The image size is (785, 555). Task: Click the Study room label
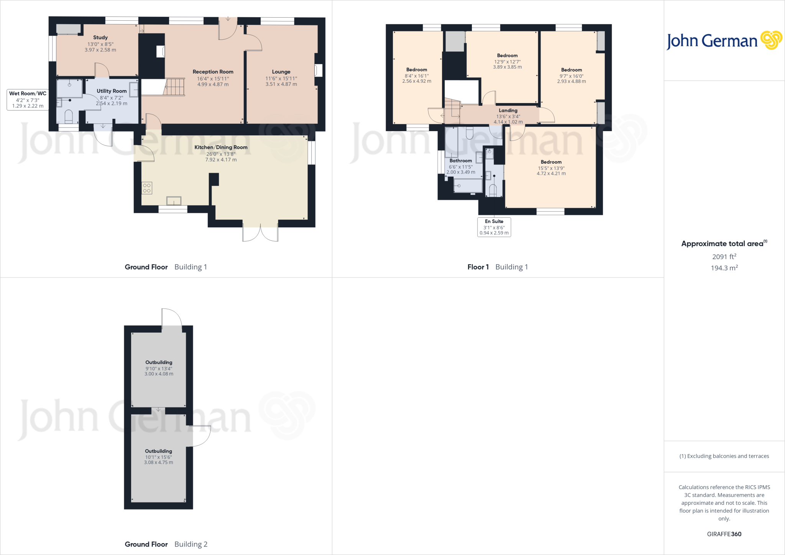click(100, 38)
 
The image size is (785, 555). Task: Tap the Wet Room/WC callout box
click(28, 100)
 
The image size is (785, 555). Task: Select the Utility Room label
click(112, 91)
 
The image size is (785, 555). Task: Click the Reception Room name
click(213, 72)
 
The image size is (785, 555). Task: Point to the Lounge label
click(281, 72)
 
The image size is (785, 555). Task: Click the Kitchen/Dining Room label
click(221, 147)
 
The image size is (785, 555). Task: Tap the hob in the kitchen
click(147, 188)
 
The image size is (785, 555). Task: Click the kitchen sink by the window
click(174, 201)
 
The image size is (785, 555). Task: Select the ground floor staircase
click(174, 87)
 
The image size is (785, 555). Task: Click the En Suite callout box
click(494, 227)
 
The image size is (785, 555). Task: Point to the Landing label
click(508, 110)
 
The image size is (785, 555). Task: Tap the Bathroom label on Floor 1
click(461, 161)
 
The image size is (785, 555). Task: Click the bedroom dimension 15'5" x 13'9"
click(551, 168)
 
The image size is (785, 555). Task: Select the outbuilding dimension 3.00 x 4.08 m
click(159, 374)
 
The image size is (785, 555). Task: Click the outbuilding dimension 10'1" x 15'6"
click(158, 457)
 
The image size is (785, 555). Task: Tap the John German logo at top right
click(724, 41)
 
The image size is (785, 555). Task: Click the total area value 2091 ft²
click(724, 257)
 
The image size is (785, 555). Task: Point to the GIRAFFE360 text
click(724, 534)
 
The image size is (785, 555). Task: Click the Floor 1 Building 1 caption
click(498, 267)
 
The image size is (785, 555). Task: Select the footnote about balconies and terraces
click(724, 456)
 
